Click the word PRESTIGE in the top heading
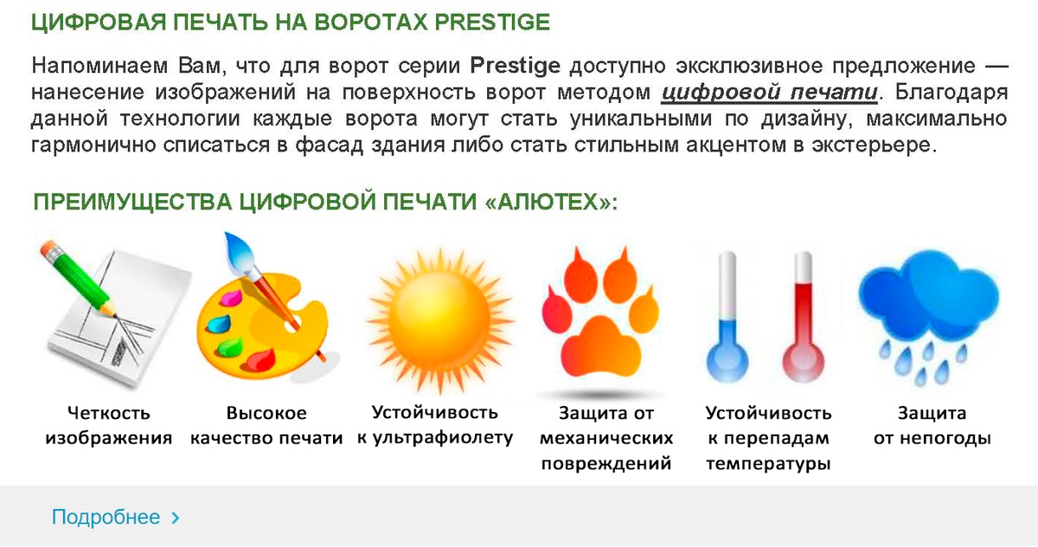(x=492, y=23)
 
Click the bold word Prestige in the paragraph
(x=515, y=67)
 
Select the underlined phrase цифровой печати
(x=769, y=93)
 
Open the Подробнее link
(x=106, y=517)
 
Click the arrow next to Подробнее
(x=175, y=518)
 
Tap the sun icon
(x=440, y=321)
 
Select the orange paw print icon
(x=600, y=316)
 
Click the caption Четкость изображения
(x=109, y=426)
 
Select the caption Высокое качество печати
(x=266, y=426)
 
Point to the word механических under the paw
(x=606, y=438)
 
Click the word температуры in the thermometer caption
(x=768, y=464)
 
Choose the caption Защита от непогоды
(x=932, y=426)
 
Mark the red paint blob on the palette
(x=261, y=359)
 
